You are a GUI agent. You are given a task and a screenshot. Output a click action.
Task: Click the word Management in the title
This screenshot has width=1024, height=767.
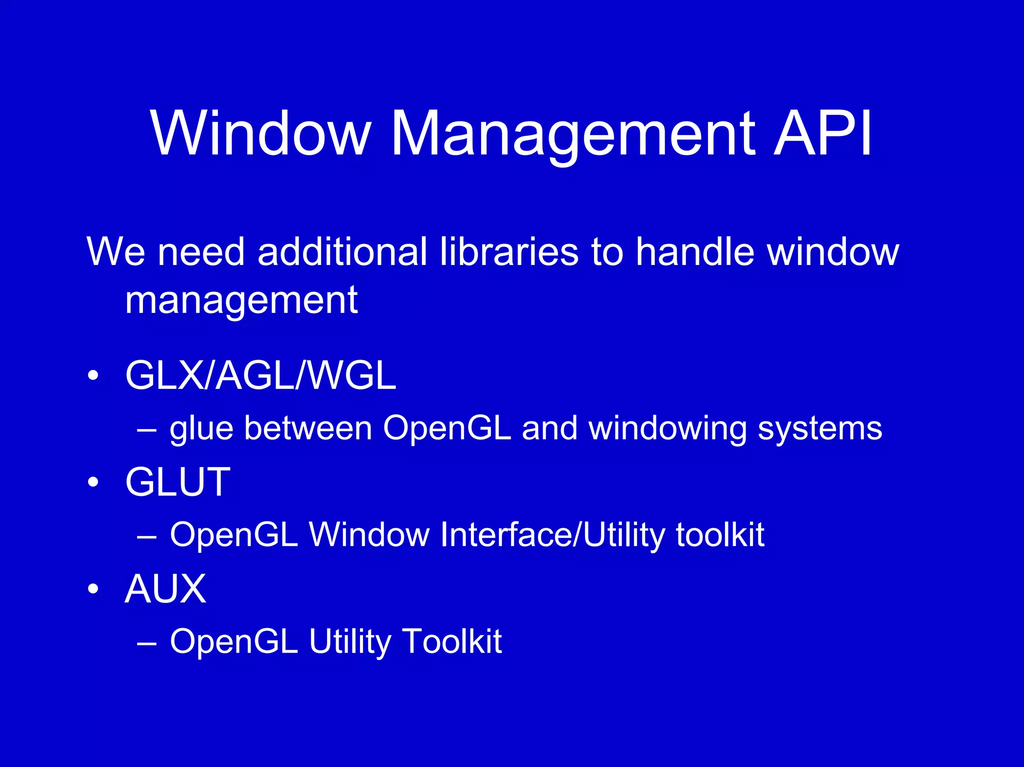point(573,134)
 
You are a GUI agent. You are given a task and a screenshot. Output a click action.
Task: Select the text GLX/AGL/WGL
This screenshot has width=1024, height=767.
point(260,375)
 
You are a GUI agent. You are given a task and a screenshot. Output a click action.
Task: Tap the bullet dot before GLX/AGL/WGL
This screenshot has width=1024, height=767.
point(93,376)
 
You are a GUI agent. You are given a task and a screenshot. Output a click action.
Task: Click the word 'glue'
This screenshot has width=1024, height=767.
point(201,429)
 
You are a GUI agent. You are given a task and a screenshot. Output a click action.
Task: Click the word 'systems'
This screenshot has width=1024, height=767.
point(820,429)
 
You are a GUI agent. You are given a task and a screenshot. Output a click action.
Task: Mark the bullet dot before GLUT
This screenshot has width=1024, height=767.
point(93,482)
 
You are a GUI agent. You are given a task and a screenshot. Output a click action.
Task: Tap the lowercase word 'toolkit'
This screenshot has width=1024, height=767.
point(720,534)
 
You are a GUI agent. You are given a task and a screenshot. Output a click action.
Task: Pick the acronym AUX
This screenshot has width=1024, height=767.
point(165,588)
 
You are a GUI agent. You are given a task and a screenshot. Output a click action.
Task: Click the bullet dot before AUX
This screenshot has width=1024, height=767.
point(93,589)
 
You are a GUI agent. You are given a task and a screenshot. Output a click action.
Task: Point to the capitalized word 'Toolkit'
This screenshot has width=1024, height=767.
point(452,641)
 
